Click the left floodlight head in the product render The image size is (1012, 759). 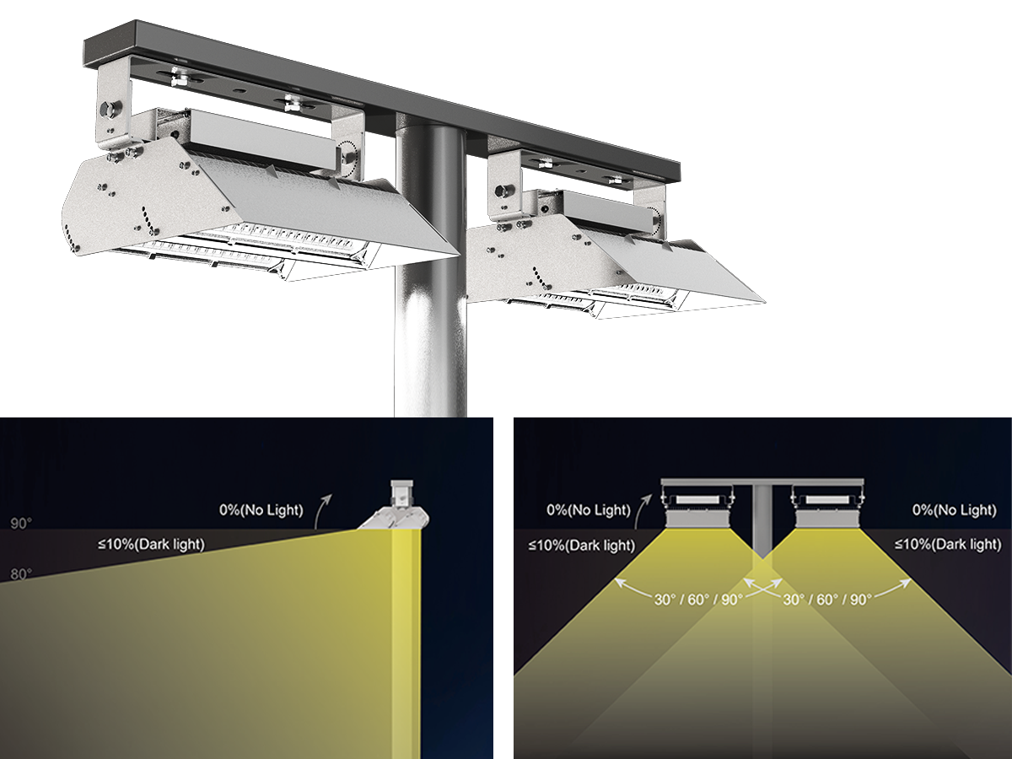click(253, 211)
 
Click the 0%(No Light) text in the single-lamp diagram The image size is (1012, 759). click(261, 510)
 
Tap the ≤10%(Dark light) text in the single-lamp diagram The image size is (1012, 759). click(151, 544)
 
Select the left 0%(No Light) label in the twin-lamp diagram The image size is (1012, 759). click(589, 509)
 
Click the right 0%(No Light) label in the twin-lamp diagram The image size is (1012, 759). click(954, 509)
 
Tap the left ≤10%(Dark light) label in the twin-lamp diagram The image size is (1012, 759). click(582, 545)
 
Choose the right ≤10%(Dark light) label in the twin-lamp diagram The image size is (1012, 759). click(948, 545)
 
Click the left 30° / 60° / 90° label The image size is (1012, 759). click(698, 600)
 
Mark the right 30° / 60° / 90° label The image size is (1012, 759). click(826, 600)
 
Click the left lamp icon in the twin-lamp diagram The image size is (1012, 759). click(696, 506)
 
